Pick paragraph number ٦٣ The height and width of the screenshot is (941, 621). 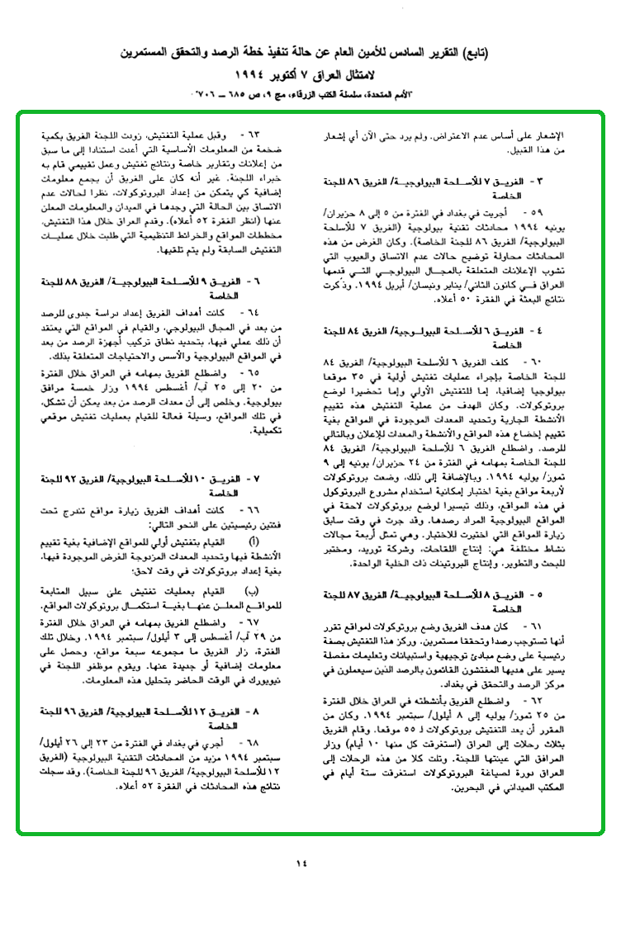tap(245, 133)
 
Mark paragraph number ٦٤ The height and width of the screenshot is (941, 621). tap(245, 313)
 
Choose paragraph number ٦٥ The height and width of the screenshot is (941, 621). tap(245, 373)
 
